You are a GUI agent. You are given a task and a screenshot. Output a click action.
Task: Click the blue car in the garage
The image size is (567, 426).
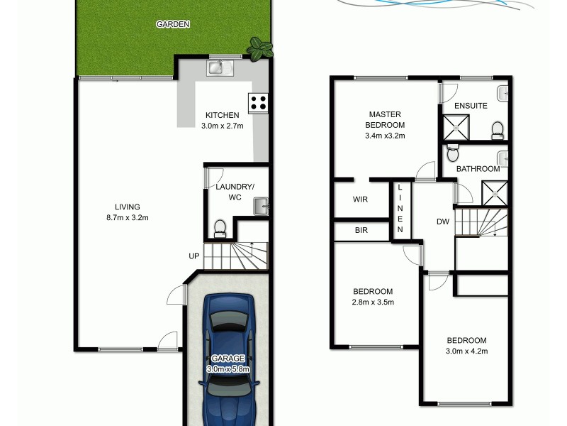click(228, 359)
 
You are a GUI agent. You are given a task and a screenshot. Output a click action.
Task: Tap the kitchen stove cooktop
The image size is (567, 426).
click(257, 102)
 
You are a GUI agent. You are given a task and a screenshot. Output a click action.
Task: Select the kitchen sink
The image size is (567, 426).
click(215, 68)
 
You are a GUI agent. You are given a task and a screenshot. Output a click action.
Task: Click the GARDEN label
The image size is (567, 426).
click(173, 24)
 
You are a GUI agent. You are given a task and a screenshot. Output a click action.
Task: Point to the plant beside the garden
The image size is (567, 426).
click(259, 49)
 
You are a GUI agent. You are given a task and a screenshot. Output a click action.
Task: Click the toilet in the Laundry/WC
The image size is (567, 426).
click(220, 227)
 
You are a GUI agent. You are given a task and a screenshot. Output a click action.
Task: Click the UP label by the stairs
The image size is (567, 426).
click(193, 256)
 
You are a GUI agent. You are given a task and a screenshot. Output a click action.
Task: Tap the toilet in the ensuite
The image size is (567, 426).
click(497, 129)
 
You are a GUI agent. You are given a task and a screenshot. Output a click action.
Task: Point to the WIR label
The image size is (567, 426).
click(360, 200)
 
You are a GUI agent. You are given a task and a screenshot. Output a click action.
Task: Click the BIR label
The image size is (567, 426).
click(360, 230)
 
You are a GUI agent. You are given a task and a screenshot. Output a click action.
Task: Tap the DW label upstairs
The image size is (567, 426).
click(443, 222)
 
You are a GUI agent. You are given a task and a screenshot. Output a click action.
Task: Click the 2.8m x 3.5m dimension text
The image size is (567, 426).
click(374, 302)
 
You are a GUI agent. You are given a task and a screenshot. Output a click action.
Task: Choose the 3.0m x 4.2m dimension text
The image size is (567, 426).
click(466, 350)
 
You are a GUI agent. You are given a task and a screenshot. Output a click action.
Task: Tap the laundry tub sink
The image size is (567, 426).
click(261, 208)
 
